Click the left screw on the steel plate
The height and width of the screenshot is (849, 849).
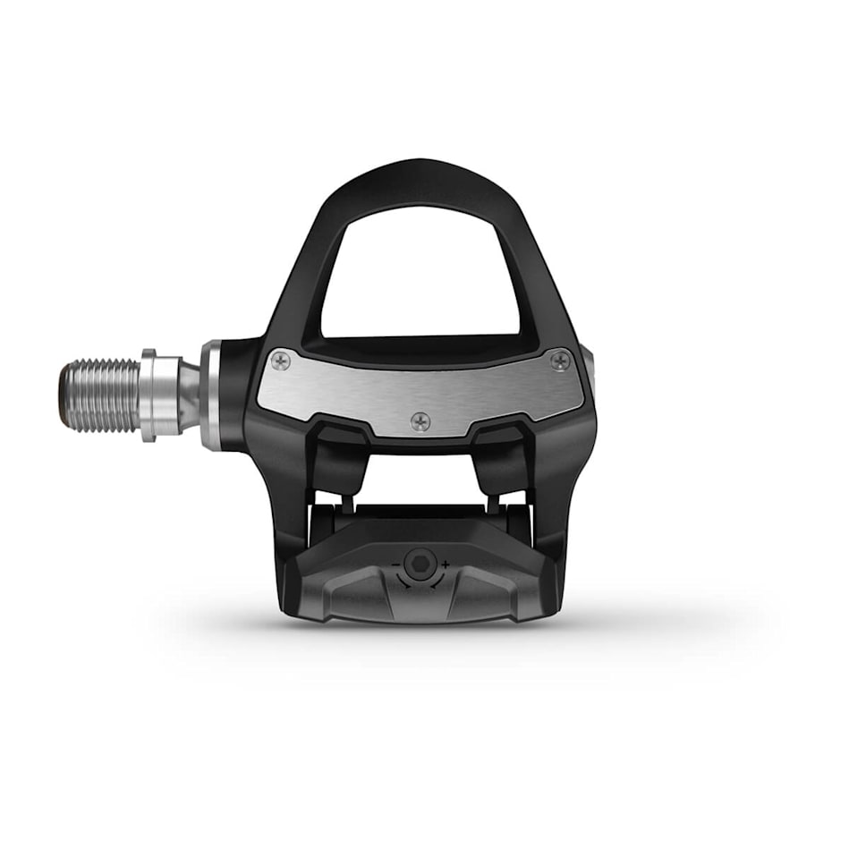[281, 361]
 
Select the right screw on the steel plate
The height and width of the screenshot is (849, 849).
[560, 361]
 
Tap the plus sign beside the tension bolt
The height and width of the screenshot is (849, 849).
[446, 565]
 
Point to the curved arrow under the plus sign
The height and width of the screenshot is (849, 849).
[437, 581]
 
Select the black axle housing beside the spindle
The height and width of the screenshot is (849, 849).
[234, 394]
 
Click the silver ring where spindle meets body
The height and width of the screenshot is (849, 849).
[211, 395]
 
